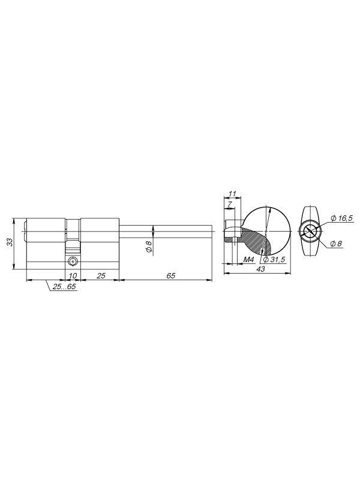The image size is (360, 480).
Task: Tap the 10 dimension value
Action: click(x=73, y=275)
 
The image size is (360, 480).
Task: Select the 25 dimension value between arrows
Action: click(x=101, y=275)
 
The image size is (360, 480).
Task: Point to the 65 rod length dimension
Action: click(x=171, y=275)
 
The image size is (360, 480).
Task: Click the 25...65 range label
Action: click(x=65, y=287)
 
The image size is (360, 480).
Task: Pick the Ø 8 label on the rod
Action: click(x=149, y=247)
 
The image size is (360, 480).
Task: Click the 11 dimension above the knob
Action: click(x=233, y=193)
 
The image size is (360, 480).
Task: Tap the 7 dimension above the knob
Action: click(x=230, y=203)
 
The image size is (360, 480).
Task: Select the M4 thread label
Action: click(x=249, y=260)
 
